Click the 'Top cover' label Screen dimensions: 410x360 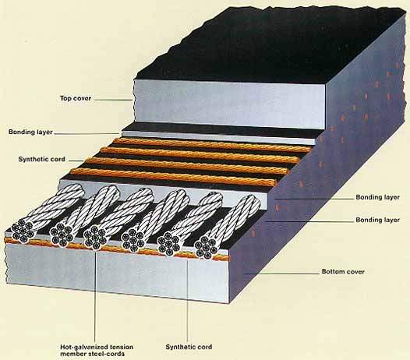[x=76, y=98]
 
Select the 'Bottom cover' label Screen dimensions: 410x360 [x=343, y=272]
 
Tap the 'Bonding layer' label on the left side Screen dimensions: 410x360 [x=30, y=132]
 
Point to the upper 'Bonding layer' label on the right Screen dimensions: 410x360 [x=377, y=197]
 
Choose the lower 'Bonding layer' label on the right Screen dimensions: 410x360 [x=377, y=220]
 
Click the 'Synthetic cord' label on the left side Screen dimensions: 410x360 [x=41, y=159]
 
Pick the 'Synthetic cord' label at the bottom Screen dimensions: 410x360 [x=189, y=347]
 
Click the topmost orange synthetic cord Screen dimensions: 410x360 [x=212, y=145]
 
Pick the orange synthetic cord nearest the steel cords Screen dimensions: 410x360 [x=174, y=177]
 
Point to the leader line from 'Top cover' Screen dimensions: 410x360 [x=113, y=100]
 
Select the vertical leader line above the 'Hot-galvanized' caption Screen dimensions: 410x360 [x=94, y=295]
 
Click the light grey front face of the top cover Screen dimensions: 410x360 [x=230, y=104]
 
